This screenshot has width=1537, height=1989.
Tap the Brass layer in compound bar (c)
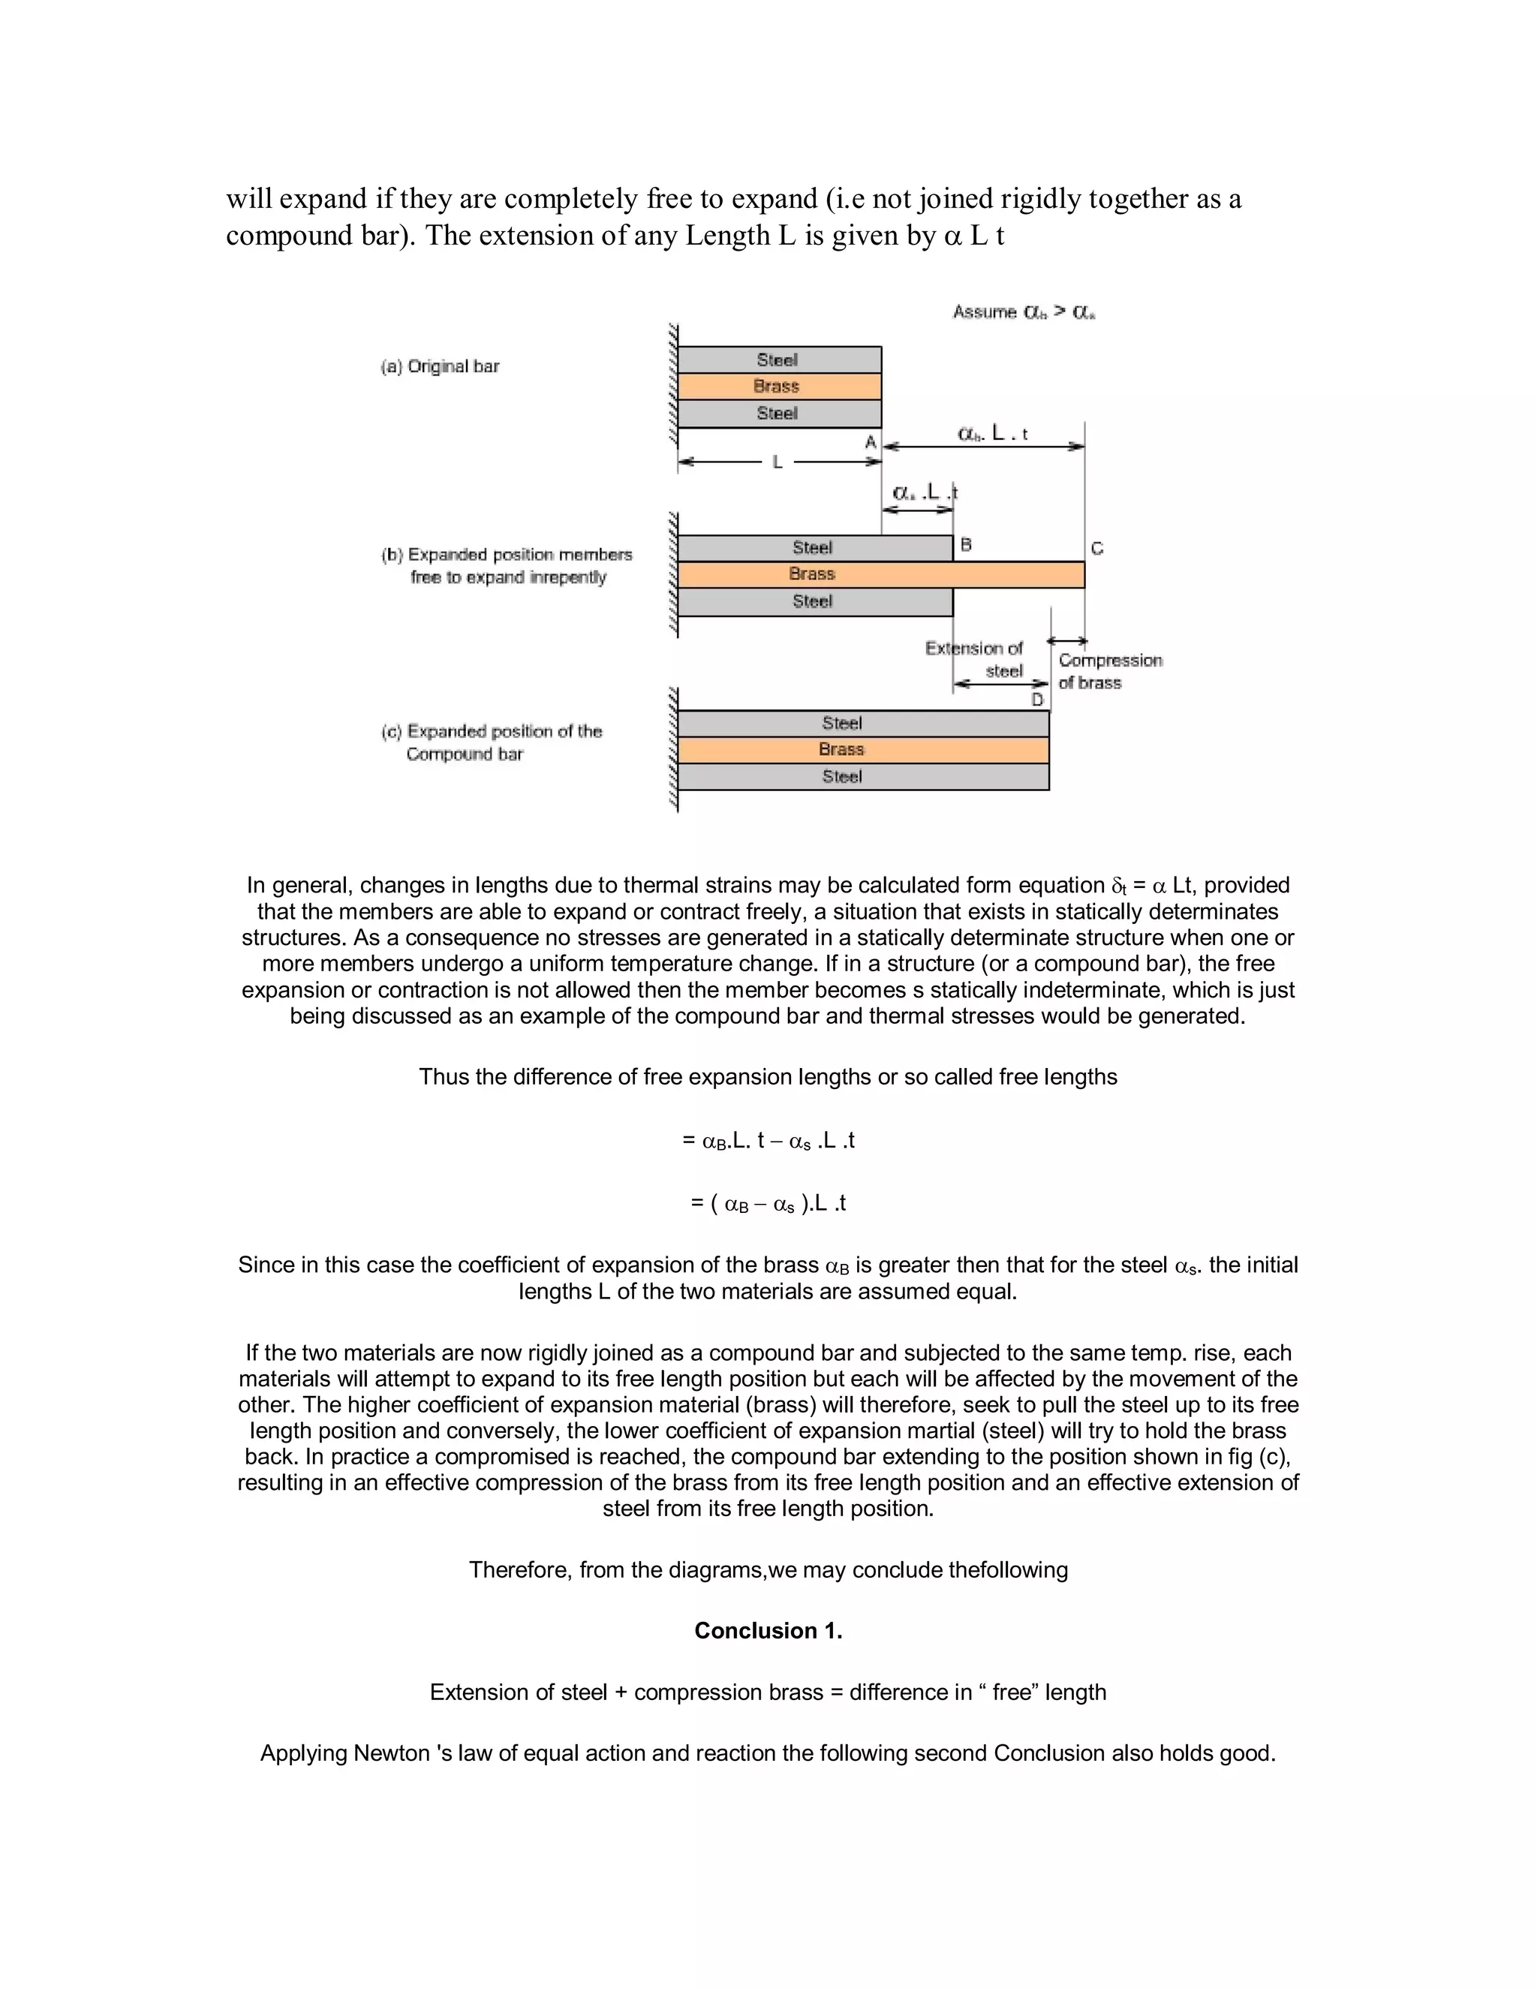(x=862, y=750)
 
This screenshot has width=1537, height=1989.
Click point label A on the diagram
(x=871, y=443)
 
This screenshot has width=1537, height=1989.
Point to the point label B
(x=966, y=545)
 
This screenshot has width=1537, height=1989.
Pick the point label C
(x=1097, y=548)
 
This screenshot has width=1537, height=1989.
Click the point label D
(x=1037, y=700)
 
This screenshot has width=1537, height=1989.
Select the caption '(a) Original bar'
(x=440, y=366)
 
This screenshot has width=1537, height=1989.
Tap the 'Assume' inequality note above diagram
(x=1024, y=312)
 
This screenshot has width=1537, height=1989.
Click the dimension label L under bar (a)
(x=778, y=462)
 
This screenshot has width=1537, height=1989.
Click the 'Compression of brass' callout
(x=1109, y=671)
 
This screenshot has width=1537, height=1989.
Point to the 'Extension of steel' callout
(x=974, y=659)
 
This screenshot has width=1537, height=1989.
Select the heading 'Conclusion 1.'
(x=768, y=1630)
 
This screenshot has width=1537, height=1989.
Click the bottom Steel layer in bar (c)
(x=862, y=777)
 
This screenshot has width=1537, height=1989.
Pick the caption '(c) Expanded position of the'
(x=492, y=731)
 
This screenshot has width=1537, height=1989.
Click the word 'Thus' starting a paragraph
(x=441, y=1076)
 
